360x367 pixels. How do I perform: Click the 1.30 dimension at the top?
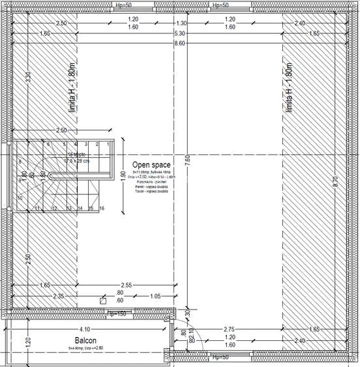(x=181, y=23)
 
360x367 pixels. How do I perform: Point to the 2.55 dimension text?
(x=127, y=285)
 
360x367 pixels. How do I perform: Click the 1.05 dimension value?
(x=155, y=296)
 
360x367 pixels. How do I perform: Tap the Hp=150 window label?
(x=117, y=314)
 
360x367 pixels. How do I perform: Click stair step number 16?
(x=102, y=208)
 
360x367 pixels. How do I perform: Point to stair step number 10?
(x=20, y=197)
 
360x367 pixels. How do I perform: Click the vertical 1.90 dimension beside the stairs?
(x=123, y=177)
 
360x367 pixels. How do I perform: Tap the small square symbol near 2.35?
(x=102, y=301)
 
